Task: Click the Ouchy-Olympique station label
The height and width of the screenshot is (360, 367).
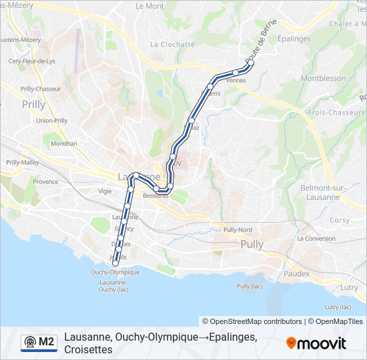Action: pos(115,272)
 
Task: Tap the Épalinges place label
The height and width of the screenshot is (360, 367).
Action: pos(294,39)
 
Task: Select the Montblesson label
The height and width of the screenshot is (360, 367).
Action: pos(323,78)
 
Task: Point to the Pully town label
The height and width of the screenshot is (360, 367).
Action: pos(252,245)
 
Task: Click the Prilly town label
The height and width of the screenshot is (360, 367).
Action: pos(33,104)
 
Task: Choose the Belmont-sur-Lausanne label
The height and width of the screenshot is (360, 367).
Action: pos(322,192)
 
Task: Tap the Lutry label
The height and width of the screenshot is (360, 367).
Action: pos(349,287)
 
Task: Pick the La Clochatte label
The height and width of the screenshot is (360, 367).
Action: pos(172,45)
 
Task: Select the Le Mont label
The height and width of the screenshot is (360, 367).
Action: pos(149,6)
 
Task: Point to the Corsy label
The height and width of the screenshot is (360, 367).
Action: pos(340,220)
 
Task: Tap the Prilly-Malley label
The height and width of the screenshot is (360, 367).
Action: pos(22,162)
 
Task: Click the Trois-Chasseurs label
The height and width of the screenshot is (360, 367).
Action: pos(336,113)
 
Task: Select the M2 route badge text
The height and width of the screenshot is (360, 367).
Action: pos(47,342)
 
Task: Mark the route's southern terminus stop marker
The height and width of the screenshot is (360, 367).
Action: pos(115,263)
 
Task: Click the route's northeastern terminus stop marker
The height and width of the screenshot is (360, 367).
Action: pos(251,63)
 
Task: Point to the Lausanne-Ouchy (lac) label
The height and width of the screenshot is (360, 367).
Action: pos(113,285)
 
